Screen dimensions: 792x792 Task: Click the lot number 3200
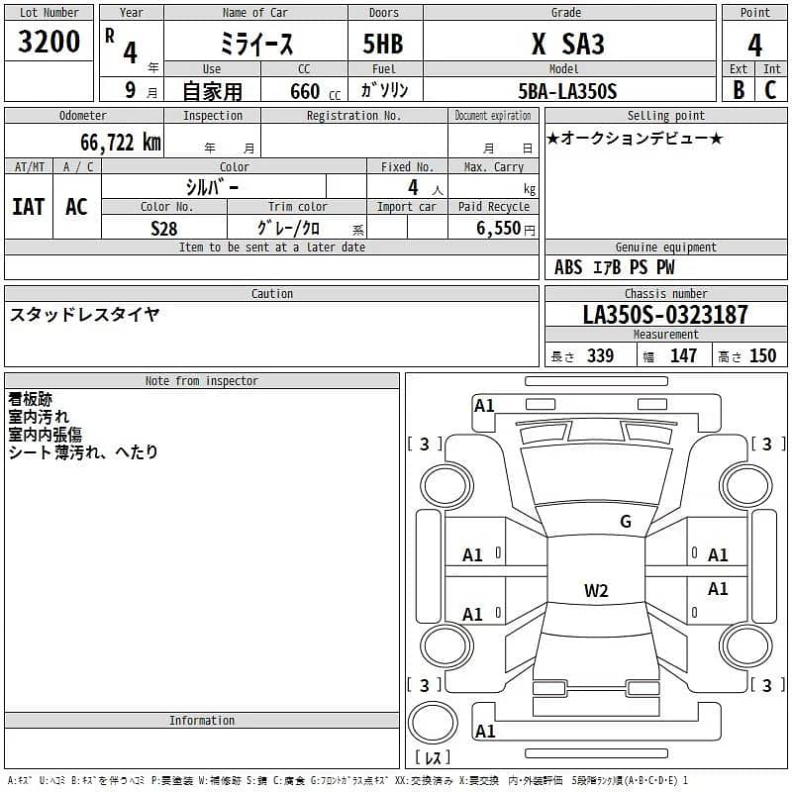click(x=49, y=42)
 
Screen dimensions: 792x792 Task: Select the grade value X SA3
click(x=568, y=44)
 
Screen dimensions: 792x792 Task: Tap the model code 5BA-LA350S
click(x=568, y=91)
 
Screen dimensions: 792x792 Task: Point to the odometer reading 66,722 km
click(x=121, y=142)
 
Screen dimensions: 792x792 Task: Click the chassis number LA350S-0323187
click(x=665, y=315)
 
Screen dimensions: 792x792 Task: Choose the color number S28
click(x=164, y=228)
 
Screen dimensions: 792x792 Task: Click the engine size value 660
click(x=305, y=91)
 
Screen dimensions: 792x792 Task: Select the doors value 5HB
click(x=384, y=44)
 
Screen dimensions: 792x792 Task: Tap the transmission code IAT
click(x=29, y=207)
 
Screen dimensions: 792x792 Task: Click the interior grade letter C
click(x=771, y=90)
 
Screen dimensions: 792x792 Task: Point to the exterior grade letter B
click(x=739, y=90)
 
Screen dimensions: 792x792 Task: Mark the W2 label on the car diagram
click(x=596, y=591)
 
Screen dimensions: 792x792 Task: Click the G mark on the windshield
click(x=625, y=522)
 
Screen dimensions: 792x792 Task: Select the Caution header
click(x=271, y=294)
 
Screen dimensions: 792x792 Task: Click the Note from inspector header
click(x=201, y=381)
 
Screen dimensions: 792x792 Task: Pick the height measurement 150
click(x=762, y=356)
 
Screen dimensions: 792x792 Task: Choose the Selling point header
click(x=665, y=116)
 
